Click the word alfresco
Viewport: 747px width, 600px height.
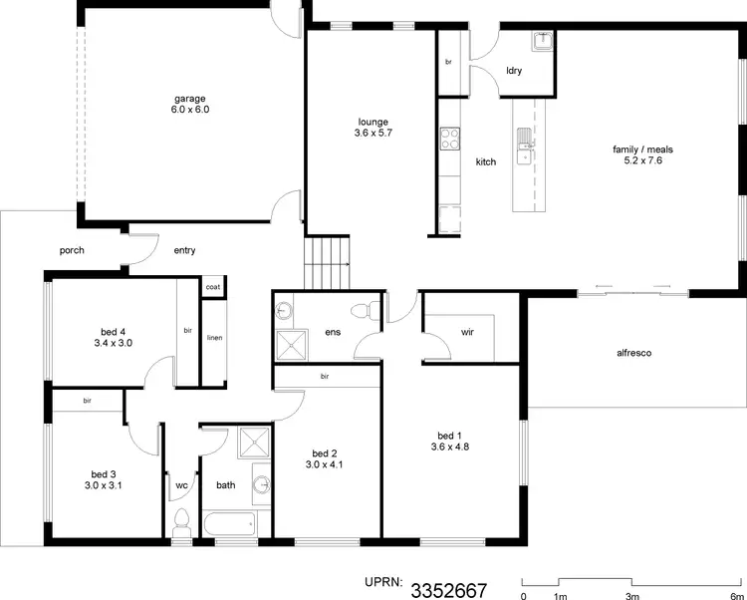[633, 353]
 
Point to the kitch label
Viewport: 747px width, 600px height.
[485, 161]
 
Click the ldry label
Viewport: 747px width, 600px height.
[514, 71]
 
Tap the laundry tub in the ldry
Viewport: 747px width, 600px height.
[543, 43]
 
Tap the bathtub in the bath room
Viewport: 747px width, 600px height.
[229, 525]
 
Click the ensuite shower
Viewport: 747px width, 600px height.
[291, 344]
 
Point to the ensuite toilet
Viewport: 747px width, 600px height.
[372, 309]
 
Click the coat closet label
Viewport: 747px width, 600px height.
[213, 287]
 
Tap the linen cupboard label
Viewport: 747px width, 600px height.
[214, 338]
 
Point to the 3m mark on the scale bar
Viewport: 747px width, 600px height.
[631, 596]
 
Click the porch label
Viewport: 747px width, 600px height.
[72, 250]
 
